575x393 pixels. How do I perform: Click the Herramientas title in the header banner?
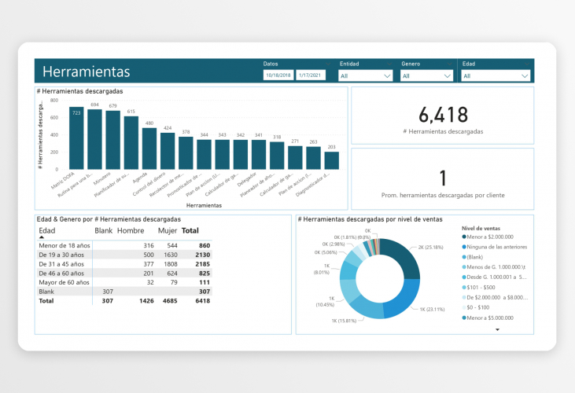87,72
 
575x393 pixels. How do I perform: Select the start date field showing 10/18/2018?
278,75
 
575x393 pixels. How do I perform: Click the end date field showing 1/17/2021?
311,75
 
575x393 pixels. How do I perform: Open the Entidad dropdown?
366,75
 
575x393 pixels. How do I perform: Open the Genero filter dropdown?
427,75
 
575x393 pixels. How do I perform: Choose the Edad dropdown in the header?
496,75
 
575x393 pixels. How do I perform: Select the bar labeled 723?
76,138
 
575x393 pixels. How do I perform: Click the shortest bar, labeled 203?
331,160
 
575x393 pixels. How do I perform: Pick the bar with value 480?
149,149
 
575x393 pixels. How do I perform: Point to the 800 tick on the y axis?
53,101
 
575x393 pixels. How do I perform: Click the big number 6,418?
444,115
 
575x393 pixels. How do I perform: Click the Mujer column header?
168,231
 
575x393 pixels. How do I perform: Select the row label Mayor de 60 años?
64,281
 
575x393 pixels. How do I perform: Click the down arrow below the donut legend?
497,330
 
